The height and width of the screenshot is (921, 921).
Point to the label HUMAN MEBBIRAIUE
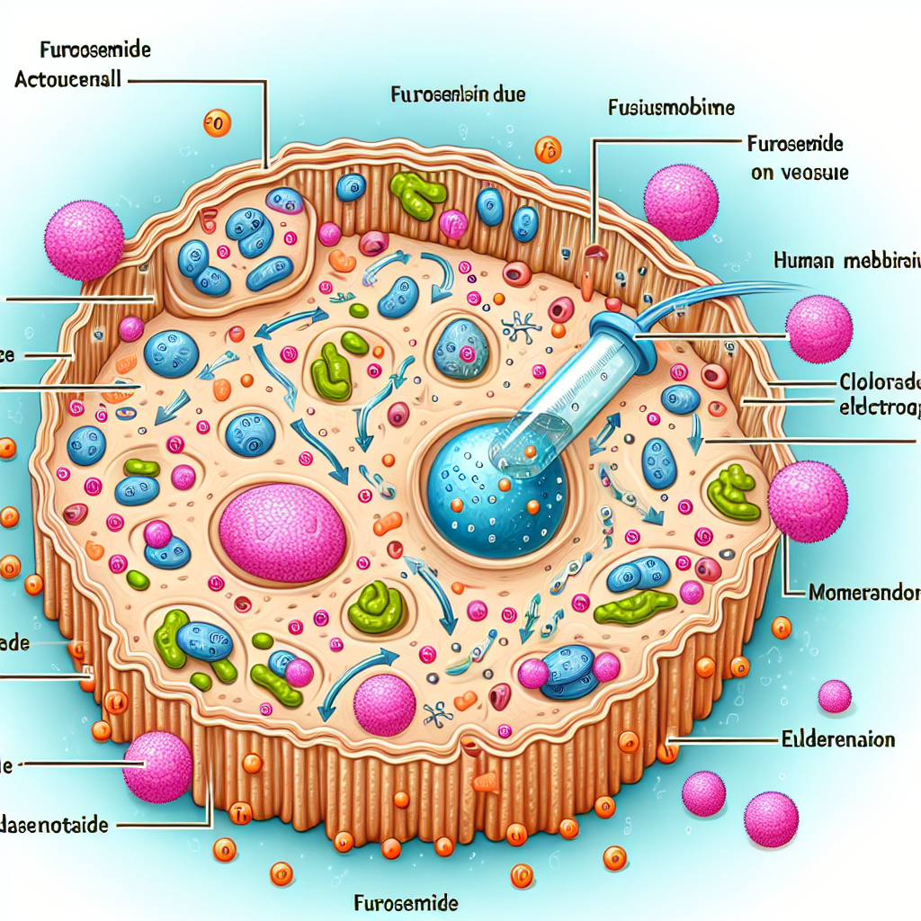(845, 261)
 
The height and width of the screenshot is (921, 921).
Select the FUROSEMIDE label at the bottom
(407, 901)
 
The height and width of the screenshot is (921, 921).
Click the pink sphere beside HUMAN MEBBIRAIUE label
(818, 327)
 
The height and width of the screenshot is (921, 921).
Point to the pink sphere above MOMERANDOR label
(808, 501)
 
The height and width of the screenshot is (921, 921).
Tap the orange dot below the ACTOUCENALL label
(217, 123)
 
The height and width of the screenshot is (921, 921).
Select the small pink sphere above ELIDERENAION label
(835, 695)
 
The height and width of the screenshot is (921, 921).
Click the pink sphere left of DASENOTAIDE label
(157, 766)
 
